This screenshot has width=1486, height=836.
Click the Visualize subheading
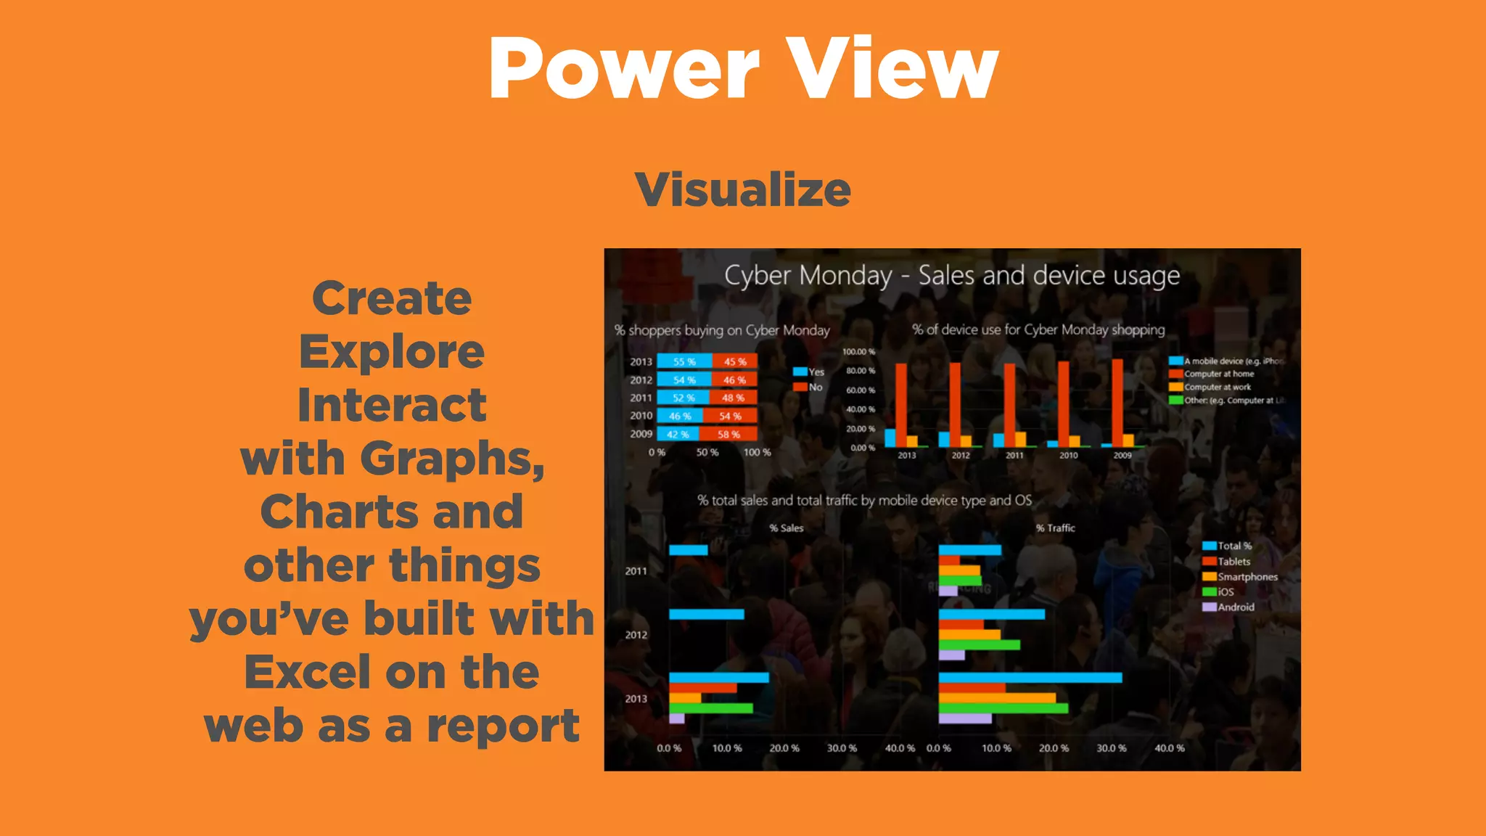pos(742,190)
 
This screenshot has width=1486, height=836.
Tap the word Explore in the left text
pos(392,353)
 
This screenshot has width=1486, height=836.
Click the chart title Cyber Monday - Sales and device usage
pos(951,276)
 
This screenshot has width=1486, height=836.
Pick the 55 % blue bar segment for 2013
pos(684,361)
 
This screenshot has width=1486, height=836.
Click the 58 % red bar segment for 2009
pos(728,434)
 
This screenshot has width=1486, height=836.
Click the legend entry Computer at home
pos(1218,374)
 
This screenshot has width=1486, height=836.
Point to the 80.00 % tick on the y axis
pos(861,371)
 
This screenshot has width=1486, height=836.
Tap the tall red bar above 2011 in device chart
pos(1009,403)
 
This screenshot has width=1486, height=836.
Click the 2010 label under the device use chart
pos(1068,455)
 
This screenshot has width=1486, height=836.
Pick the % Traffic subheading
pos(1055,528)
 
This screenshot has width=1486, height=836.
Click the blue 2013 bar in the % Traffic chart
pos(1030,678)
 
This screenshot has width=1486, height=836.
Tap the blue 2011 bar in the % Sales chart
pos(688,550)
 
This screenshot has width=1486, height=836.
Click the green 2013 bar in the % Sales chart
pos(710,708)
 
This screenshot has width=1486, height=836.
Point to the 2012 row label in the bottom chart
pos(636,635)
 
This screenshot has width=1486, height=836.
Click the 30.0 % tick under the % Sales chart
pos(842,747)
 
